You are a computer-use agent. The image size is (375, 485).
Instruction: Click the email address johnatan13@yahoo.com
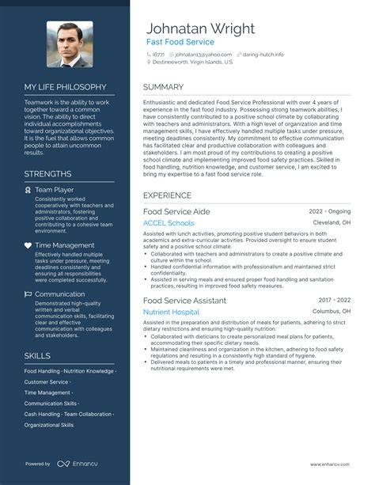point(197,55)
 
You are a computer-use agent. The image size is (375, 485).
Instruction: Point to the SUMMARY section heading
point(165,86)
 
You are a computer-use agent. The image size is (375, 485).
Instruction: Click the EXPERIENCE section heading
point(168,195)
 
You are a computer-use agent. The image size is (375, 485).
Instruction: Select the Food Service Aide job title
point(176,212)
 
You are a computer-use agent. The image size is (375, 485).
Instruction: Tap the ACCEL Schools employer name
point(169,224)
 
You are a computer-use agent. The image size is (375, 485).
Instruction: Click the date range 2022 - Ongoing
point(329,212)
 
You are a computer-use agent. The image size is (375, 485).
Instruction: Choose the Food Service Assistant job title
point(184,301)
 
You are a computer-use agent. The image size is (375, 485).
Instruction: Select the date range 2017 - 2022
point(335,301)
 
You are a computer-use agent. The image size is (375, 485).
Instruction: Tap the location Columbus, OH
point(332,312)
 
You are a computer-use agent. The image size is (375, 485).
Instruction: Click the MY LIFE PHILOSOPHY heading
point(65,86)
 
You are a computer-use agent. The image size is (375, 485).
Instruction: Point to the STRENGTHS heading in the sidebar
point(47,173)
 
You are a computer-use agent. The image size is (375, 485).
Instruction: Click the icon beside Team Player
point(28,191)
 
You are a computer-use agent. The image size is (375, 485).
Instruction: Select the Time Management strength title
point(66,245)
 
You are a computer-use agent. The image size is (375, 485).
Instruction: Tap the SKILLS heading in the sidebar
point(37,355)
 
